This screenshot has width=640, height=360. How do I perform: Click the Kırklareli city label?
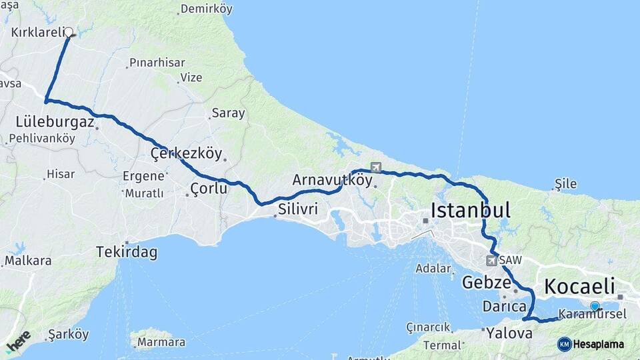tap(38, 32)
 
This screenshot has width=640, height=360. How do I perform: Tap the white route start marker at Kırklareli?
tap(68, 31)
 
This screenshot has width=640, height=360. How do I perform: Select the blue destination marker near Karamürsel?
tap(595, 306)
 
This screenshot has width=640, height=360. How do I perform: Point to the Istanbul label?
tap(471, 211)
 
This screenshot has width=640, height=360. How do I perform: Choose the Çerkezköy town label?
tap(186, 153)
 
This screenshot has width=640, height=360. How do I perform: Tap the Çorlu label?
tap(209, 189)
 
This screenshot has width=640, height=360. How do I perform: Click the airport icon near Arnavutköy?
tap(376, 167)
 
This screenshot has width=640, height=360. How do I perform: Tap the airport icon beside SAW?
tap(492, 260)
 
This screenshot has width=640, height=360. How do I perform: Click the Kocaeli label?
tap(579, 287)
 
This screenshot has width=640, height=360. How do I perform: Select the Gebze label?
tap(486, 282)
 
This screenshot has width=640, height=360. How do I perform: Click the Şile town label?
tap(565, 185)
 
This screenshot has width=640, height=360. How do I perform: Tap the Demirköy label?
tap(206, 10)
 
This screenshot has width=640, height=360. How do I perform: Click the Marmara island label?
tap(160, 343)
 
